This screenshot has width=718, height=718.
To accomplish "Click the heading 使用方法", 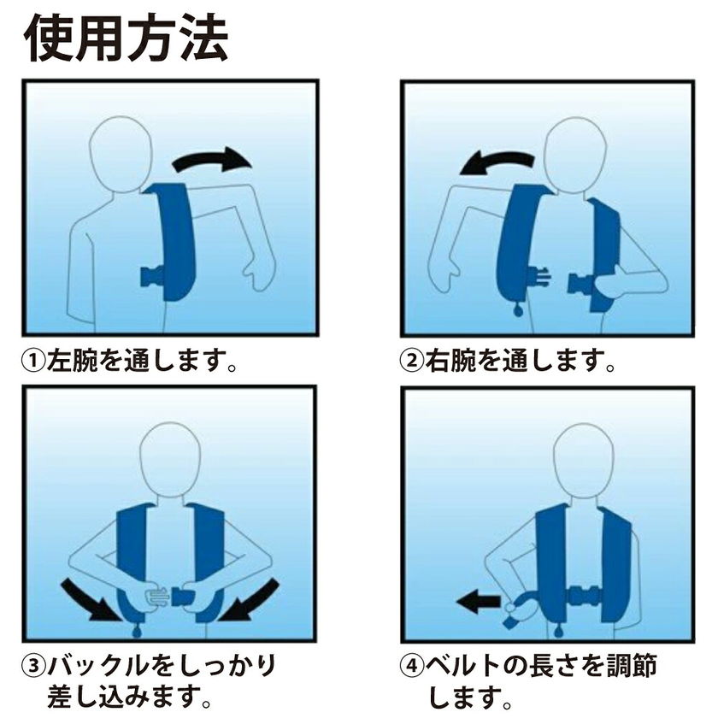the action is point(126,39).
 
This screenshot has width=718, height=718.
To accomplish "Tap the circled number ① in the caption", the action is point(34,361).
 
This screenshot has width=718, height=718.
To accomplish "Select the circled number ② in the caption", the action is point(412,361).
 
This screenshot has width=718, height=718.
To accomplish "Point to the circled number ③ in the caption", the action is point(34,665).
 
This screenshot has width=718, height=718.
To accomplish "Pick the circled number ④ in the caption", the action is point(412,665).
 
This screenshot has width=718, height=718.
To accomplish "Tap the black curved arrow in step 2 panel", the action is point(497,162).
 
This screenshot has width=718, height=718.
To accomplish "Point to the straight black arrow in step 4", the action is point(479,602).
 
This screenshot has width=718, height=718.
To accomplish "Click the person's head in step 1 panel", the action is point(121,155).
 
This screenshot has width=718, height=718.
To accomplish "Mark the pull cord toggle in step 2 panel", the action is point(518,311).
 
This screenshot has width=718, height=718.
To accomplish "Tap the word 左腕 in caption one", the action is point(73,361).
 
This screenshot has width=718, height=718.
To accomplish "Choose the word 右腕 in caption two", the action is point(450,361).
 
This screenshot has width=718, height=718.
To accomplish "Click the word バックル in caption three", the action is point(101,665).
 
